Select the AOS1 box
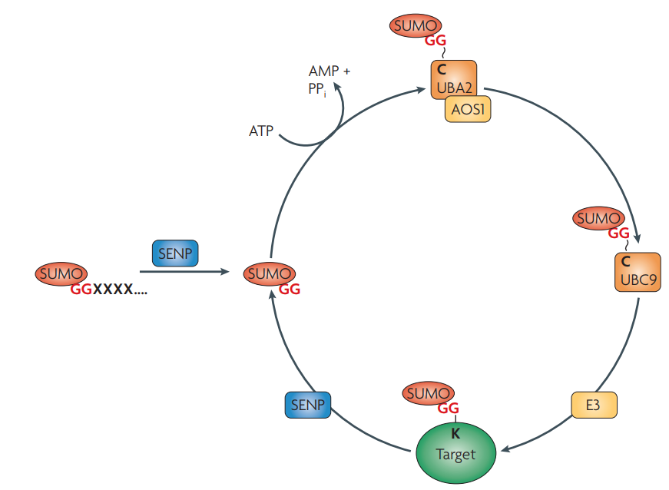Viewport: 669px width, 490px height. tap(468, 110)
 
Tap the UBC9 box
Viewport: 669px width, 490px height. tap(636, 271)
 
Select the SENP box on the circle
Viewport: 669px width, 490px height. tap(307, 404)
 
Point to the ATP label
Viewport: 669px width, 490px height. tap(261, 131)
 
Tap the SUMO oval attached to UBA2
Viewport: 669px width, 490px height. tap(416, 25)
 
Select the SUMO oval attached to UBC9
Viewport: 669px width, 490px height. tap(598, 218)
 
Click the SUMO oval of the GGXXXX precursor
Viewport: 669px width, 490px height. tap(61, 273)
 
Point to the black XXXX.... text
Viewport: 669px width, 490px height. tap(121, 290)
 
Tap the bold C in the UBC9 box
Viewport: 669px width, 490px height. tap(625, 261)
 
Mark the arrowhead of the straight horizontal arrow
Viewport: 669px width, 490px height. tap(227, 271)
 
